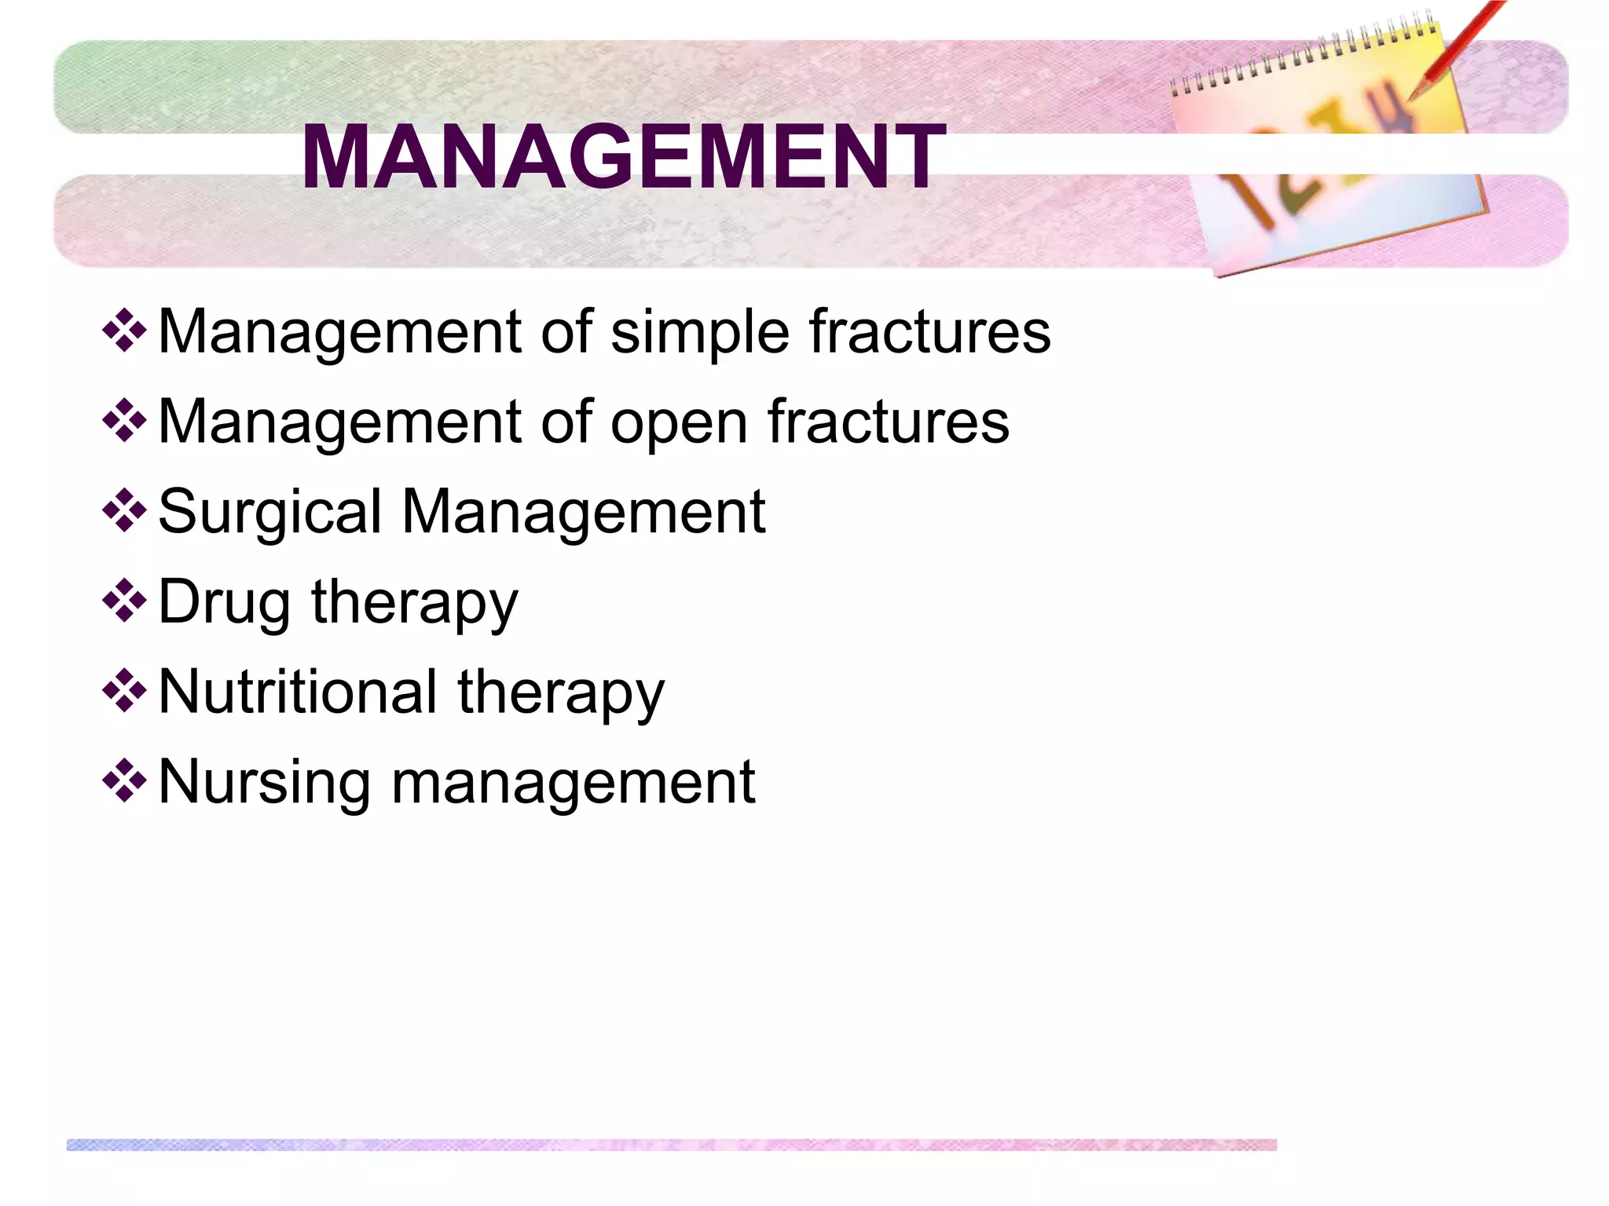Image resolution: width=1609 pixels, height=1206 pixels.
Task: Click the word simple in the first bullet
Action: (x=700, y=333)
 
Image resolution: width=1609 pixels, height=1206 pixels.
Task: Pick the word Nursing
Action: (x=263, y=784)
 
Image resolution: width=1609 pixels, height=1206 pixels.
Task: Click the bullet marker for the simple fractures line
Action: (x=124, y=331)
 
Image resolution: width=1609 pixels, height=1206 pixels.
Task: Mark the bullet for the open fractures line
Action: (x=124, y=421)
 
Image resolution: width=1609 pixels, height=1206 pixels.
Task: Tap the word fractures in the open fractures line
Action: (x=888, y=422)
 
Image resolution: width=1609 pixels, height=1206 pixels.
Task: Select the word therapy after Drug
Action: (x=414, y=604)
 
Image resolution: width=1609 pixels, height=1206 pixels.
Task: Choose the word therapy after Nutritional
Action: (x=561, y=694)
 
